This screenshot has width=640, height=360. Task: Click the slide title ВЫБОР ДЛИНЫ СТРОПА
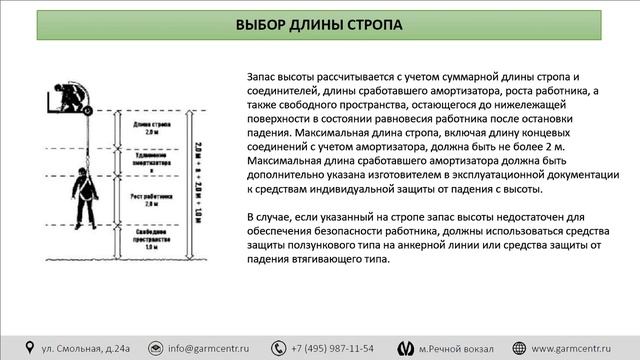320,25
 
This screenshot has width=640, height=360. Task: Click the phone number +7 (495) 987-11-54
333,348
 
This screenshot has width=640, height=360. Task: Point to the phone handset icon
281,348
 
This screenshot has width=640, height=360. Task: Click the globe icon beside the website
519,348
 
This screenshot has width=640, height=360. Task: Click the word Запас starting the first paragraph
261,76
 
